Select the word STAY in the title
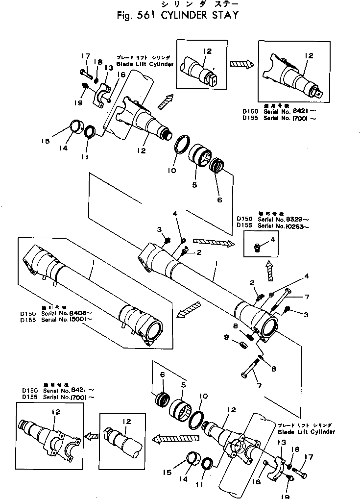pos(224,15)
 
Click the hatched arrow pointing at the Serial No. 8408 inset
pos(190,308)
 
